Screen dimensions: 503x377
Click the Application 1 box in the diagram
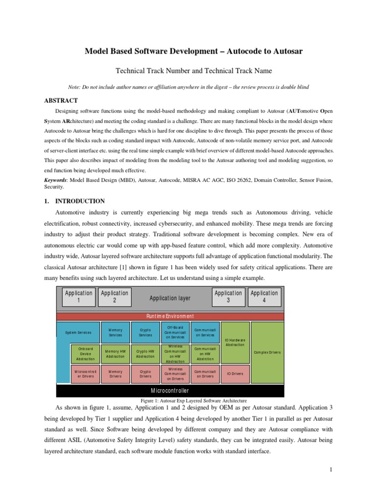click(79, 297)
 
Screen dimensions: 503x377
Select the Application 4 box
click(264, 297)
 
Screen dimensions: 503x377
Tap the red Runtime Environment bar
click(171, 316)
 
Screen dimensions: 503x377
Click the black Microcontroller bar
click(171, 391)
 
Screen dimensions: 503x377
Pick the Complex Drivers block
click(267, 352)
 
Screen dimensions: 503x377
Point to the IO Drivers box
click(235, 374)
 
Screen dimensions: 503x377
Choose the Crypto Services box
click(145, 333)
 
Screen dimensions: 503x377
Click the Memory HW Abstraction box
click(115, 354)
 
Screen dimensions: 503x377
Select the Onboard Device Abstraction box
click(86, 354)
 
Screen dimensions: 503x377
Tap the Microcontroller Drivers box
click(86, 374)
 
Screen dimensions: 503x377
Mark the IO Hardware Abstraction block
click(235, 342)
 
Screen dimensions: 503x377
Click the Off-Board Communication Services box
click(175, 333)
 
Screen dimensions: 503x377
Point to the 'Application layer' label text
click(170, 298)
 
